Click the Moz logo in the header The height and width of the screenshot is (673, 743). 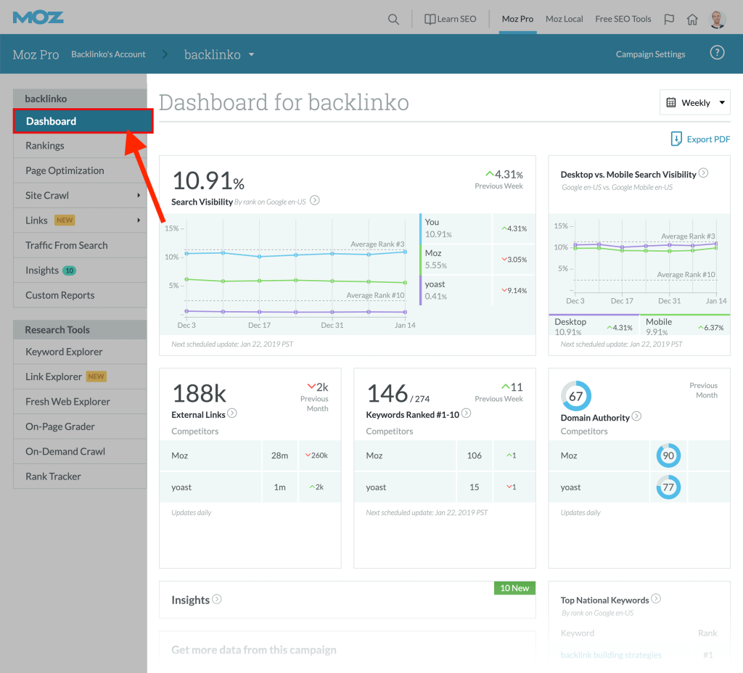(38, 17)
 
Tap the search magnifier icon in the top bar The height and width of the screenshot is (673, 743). (393, 20)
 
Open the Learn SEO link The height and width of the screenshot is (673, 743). (450, 19)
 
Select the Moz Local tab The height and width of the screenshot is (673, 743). (564, 19)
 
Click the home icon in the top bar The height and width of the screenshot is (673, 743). (692, 20)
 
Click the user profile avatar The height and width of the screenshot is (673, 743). (718, 19)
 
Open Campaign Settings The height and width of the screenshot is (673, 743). (650, 54)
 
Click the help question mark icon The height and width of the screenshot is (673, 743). (717, 53)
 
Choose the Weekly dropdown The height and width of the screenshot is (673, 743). (695, 103)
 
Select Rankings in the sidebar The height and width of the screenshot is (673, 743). (45, 146)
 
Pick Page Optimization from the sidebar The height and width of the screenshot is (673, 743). (65, 170)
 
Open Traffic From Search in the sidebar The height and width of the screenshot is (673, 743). (66, 245)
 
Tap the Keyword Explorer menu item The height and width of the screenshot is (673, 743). (64, 352)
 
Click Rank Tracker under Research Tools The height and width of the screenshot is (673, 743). (53, 476)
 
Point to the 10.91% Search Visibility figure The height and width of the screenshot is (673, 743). (208, 181)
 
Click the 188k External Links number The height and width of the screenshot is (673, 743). (199, 394)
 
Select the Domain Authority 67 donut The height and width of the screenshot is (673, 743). (576, 397)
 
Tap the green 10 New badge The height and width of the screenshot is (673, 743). (514, 588)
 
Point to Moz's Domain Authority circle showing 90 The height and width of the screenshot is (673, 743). (668, 455)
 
